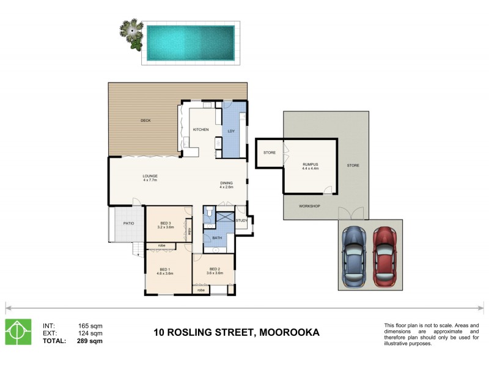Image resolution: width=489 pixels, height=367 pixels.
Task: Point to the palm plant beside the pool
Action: pyautogui.click(x=131, y=34)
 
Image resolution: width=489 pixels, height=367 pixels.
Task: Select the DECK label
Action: pyautogui.click(x=145, y=120)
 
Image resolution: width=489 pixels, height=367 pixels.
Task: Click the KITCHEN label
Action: pyautogui.click(x=201, y=130)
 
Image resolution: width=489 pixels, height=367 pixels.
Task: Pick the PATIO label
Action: pyautogui.click(x=128, y=223)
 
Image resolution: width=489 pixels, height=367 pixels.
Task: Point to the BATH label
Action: pyautogui.click(x=217, y=238)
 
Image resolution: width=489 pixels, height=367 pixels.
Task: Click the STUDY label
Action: pyautogui.click(x=241, y=220)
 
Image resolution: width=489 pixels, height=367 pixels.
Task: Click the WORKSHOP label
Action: pyautogui.click(x=310, y=206)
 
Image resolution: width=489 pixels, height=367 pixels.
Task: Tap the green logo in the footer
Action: pyautogui.click(x=19, y=332)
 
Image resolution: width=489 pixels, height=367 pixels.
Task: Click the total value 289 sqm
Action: pyautogui.click(x=90, y=341)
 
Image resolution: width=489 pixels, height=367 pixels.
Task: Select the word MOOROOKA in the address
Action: pyautogui.click(x=289, y=333)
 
